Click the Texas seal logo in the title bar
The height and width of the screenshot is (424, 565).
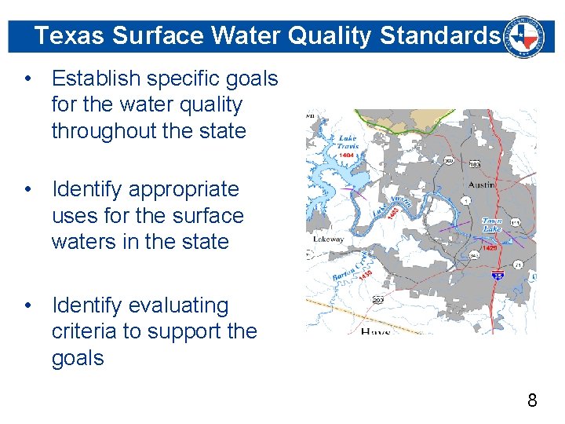tap(525, 35)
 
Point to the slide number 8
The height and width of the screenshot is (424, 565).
tap(532, 401)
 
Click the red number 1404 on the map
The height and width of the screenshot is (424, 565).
tap(346, 156)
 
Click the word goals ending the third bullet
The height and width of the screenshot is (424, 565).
tap(78, 358)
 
